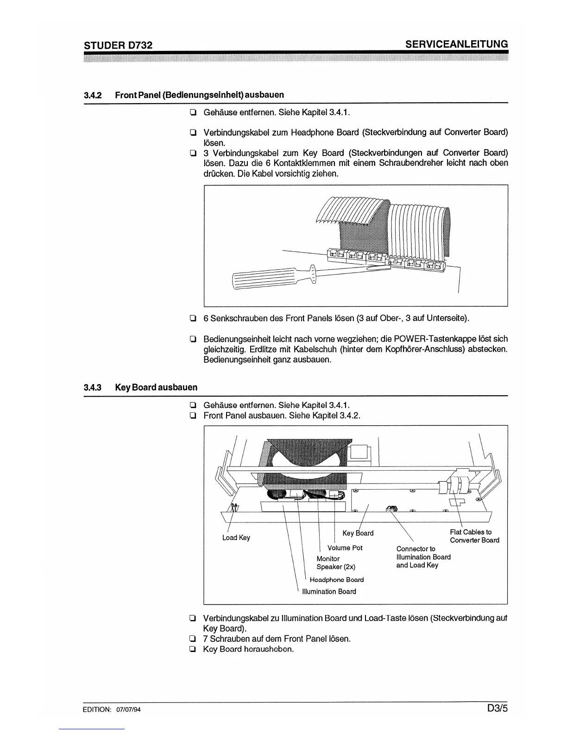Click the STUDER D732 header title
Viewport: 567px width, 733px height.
[118, 45]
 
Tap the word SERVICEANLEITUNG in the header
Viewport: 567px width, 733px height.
[456, 44]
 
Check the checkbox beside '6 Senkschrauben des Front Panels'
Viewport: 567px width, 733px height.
[191, 318]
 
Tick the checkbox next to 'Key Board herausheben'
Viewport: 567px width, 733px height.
[191, 649]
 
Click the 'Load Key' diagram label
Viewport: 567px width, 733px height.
[236, 537]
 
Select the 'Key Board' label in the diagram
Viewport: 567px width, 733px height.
[358, 533]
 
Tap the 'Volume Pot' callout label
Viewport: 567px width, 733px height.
[345, 548]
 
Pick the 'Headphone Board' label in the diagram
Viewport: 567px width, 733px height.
[336, 580]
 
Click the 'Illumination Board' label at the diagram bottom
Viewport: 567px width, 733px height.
[329, 591]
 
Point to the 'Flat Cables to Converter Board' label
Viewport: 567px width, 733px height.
[474, 536]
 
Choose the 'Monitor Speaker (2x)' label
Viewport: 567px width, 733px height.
[335, 563]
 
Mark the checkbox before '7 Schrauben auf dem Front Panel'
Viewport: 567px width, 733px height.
[191, 639]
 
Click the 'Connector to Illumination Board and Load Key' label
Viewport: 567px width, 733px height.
[423, 557]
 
